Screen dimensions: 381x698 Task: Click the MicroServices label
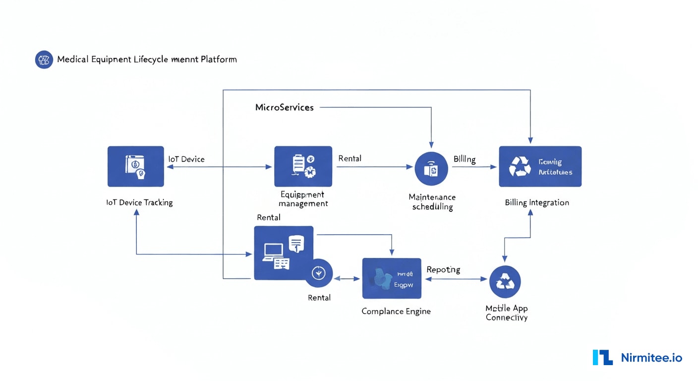point(284,107)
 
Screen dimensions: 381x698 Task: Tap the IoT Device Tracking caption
point(139,202)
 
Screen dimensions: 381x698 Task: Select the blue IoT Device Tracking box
point(135,166)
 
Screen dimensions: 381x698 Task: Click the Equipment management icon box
point(303,166)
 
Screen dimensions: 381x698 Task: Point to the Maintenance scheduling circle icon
point(431,169)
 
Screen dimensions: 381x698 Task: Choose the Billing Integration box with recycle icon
point(540,166)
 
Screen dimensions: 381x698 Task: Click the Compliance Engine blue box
point(392,278)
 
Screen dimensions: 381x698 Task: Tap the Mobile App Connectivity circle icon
point(505,281)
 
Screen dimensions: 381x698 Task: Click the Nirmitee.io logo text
point(651,358)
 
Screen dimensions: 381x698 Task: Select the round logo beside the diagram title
point(44,60)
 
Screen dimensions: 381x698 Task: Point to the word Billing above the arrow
point(465,159)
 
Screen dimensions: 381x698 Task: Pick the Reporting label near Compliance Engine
point(443,269)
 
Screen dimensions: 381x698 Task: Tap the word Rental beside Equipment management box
point(349,158)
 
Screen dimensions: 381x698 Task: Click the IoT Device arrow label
point(186,159)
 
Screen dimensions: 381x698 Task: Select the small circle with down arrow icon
point(318,273)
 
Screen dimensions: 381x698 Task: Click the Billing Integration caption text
point(537,202)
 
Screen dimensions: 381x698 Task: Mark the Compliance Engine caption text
point(396,311)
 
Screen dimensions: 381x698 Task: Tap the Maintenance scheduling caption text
point(432,202)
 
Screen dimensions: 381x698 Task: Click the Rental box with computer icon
point(283,252)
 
